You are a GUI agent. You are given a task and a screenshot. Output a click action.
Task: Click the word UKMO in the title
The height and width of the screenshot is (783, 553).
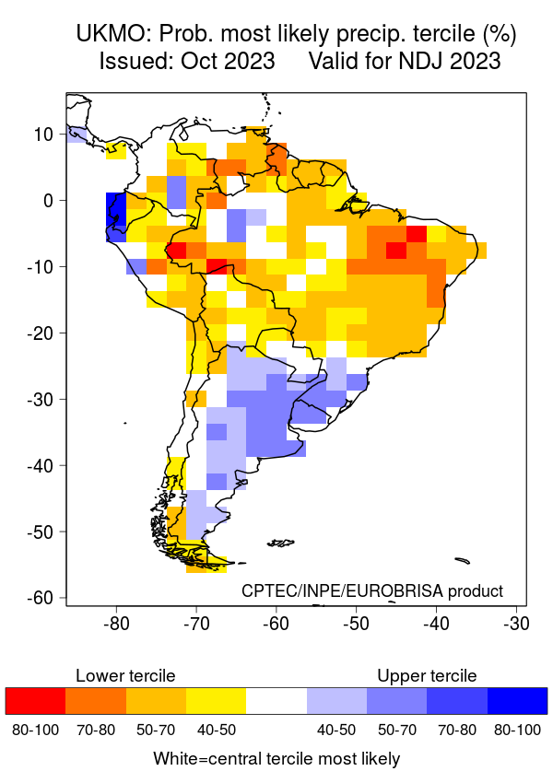pyautogui.click(x=111, y=35)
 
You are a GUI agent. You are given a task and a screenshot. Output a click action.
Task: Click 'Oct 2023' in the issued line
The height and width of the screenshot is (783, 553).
pyautogui.click(x=234, y=62)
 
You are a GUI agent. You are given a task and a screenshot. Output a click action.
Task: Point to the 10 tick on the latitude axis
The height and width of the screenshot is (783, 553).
pyautogui.click(x=43, y=134)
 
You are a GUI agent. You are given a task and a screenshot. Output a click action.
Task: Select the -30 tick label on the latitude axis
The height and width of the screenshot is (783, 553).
pyautogui.click(x=40, y=399)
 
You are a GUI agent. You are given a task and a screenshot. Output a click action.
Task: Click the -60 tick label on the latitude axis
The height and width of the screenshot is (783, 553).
pyautogui.click(x=40, y=598)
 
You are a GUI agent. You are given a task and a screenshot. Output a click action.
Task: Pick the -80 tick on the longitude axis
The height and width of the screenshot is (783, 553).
pyautogui.click(x=116, y=623)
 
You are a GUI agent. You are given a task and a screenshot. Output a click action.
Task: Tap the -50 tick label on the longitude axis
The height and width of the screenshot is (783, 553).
pyautogui.click(x=356, y=623)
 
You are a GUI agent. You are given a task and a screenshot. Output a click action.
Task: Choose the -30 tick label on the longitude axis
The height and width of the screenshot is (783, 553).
pyautogui.click(x=515, y=623)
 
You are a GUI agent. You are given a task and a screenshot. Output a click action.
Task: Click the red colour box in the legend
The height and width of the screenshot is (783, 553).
pyautogui.click(x=35, y=701)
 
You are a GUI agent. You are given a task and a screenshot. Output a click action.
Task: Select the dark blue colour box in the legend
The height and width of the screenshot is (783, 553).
pyautogui.click(x=517, y=701)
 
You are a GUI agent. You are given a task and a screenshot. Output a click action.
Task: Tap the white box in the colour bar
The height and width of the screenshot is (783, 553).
pyautogui.click(x=276, y=701)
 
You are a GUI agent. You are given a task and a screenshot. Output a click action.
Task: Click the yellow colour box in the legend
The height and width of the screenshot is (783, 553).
pyautogui.click(x=216, y=701)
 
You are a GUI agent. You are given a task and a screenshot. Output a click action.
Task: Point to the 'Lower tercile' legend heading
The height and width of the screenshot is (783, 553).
pyautogui.click(x=125, y=676)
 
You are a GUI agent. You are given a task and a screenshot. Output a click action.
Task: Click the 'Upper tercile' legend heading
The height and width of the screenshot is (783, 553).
pyautogui.click(x=427, y=676)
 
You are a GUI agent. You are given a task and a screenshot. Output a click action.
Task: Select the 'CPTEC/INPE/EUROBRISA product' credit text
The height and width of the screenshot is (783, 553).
pyautogui.click(x=372, y=590)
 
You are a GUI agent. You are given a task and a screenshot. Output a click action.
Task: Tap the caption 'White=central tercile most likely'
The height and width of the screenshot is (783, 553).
pyautogui.click(x=276, y=759)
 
